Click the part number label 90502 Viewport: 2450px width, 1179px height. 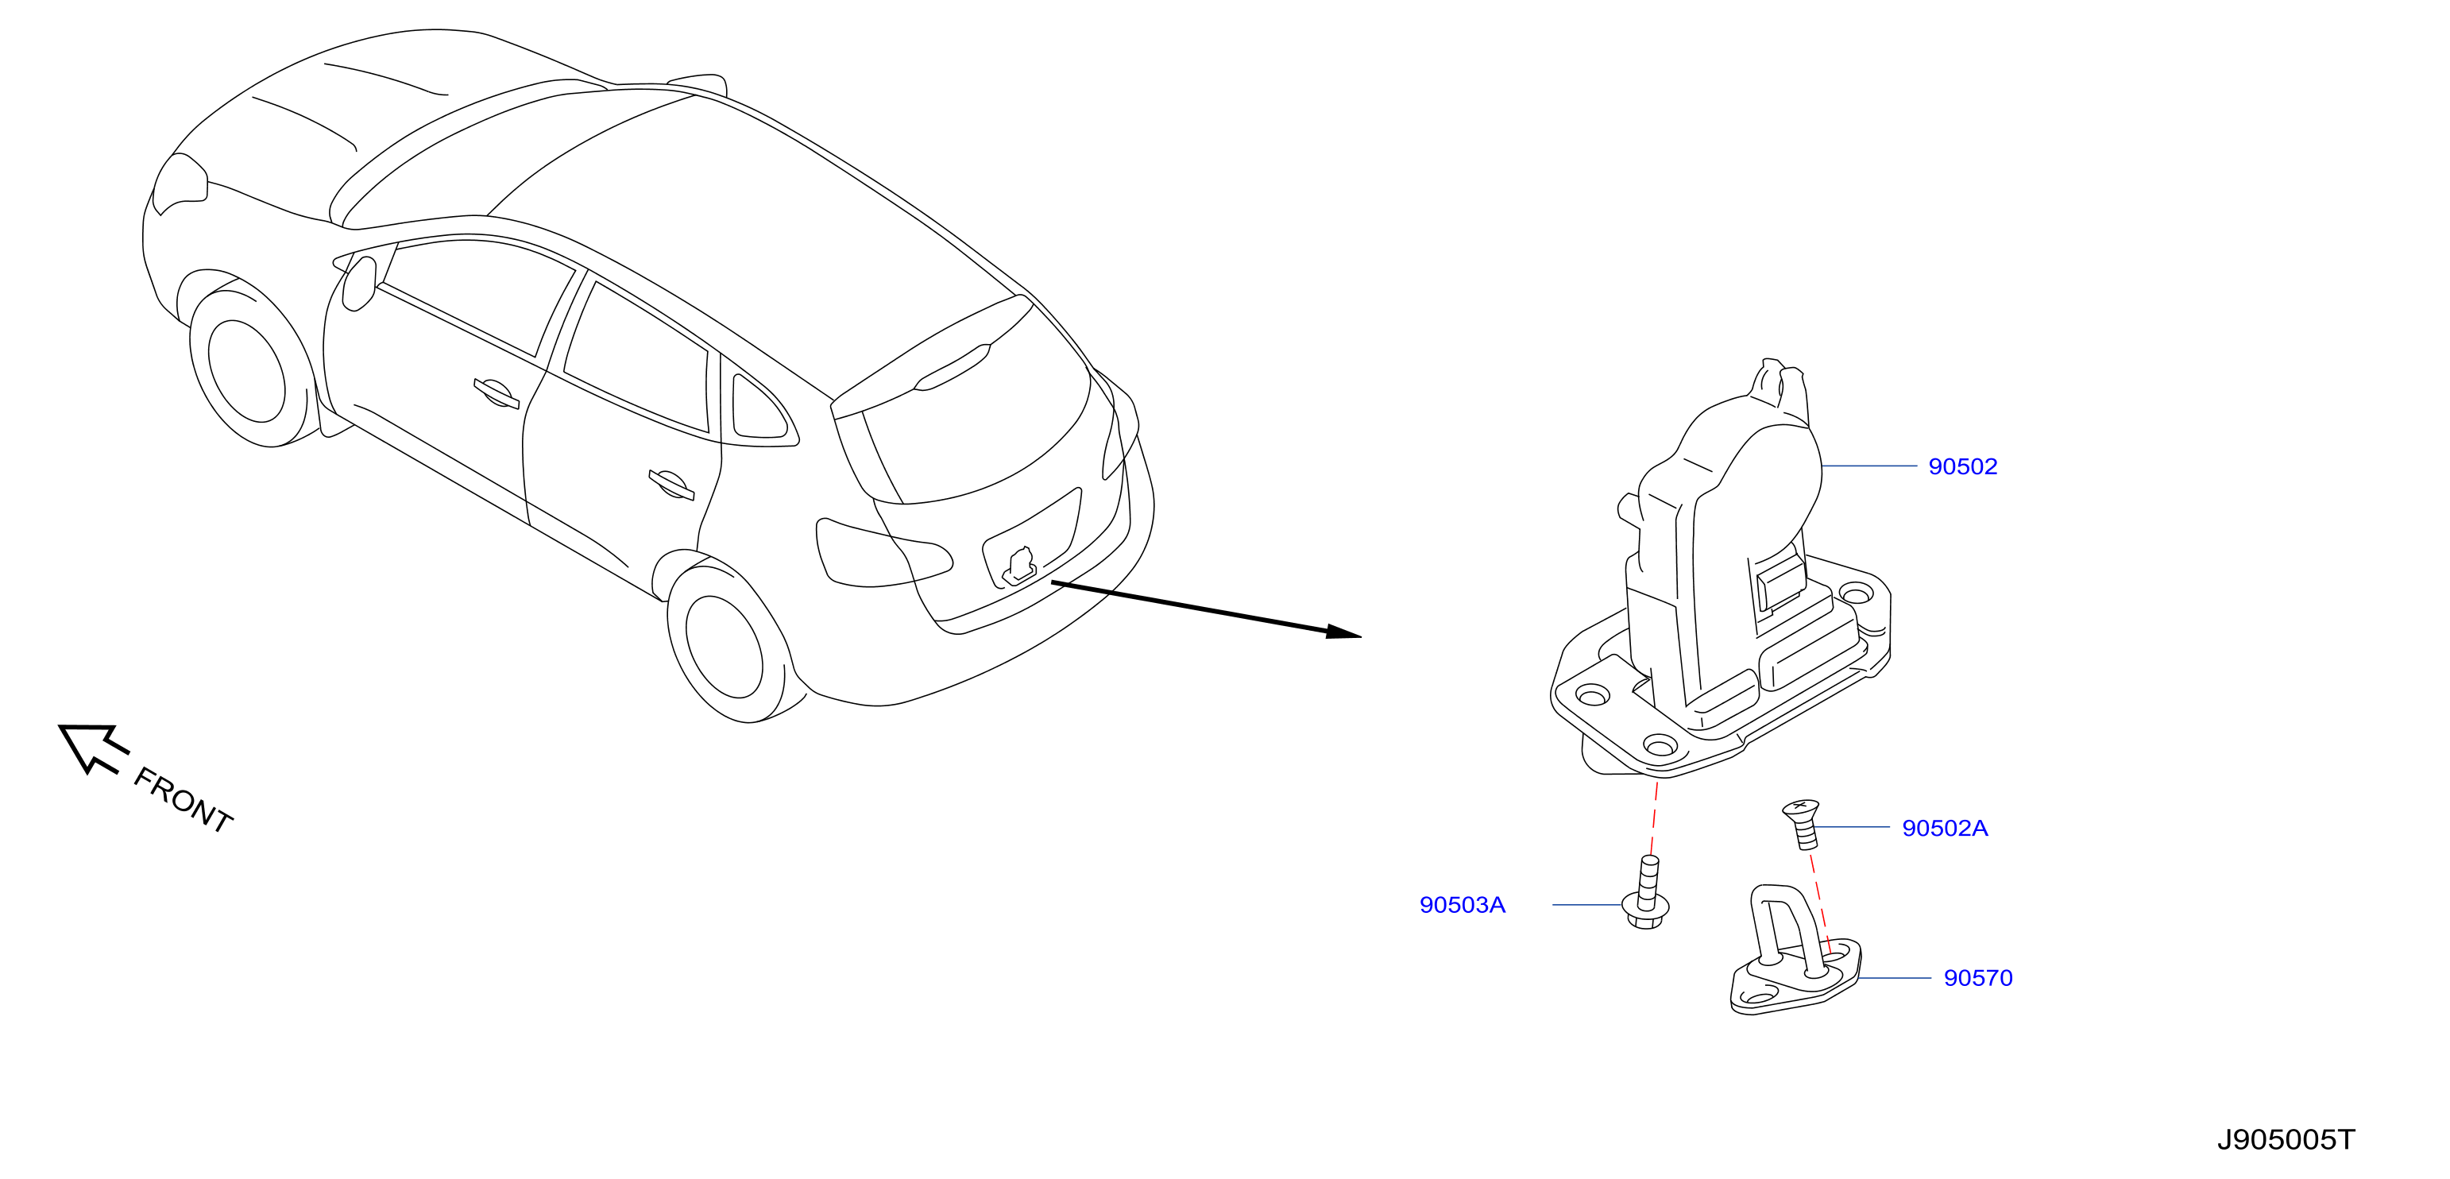[1962, 467]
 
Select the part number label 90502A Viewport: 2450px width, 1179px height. [1944, 828]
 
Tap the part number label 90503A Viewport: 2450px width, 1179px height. [1462, 905]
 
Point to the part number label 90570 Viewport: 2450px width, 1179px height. [1977, 978]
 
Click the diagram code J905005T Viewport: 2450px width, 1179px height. [2286, 1140]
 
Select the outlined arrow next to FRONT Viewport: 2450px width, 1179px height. [92, 748]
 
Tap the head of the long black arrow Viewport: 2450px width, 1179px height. [1345, 632]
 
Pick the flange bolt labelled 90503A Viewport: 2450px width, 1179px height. [1646, 894]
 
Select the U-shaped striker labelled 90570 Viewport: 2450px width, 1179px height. [1794, 951]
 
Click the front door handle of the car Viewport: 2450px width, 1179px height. [496, 392]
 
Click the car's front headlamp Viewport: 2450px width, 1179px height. [180, 184]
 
